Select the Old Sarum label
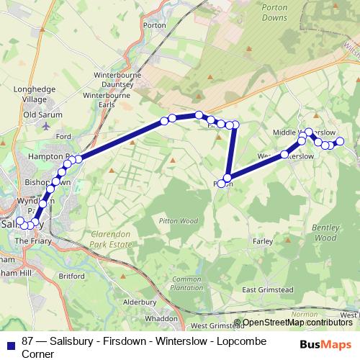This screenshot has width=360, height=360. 43,114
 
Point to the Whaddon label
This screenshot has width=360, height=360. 161,318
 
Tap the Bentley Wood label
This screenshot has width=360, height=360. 325,232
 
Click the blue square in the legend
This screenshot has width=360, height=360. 10,341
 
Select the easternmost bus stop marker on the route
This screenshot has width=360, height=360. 341,142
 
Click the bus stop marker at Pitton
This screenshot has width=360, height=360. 228,179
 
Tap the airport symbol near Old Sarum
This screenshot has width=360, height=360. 47,125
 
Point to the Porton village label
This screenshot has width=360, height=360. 154,45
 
